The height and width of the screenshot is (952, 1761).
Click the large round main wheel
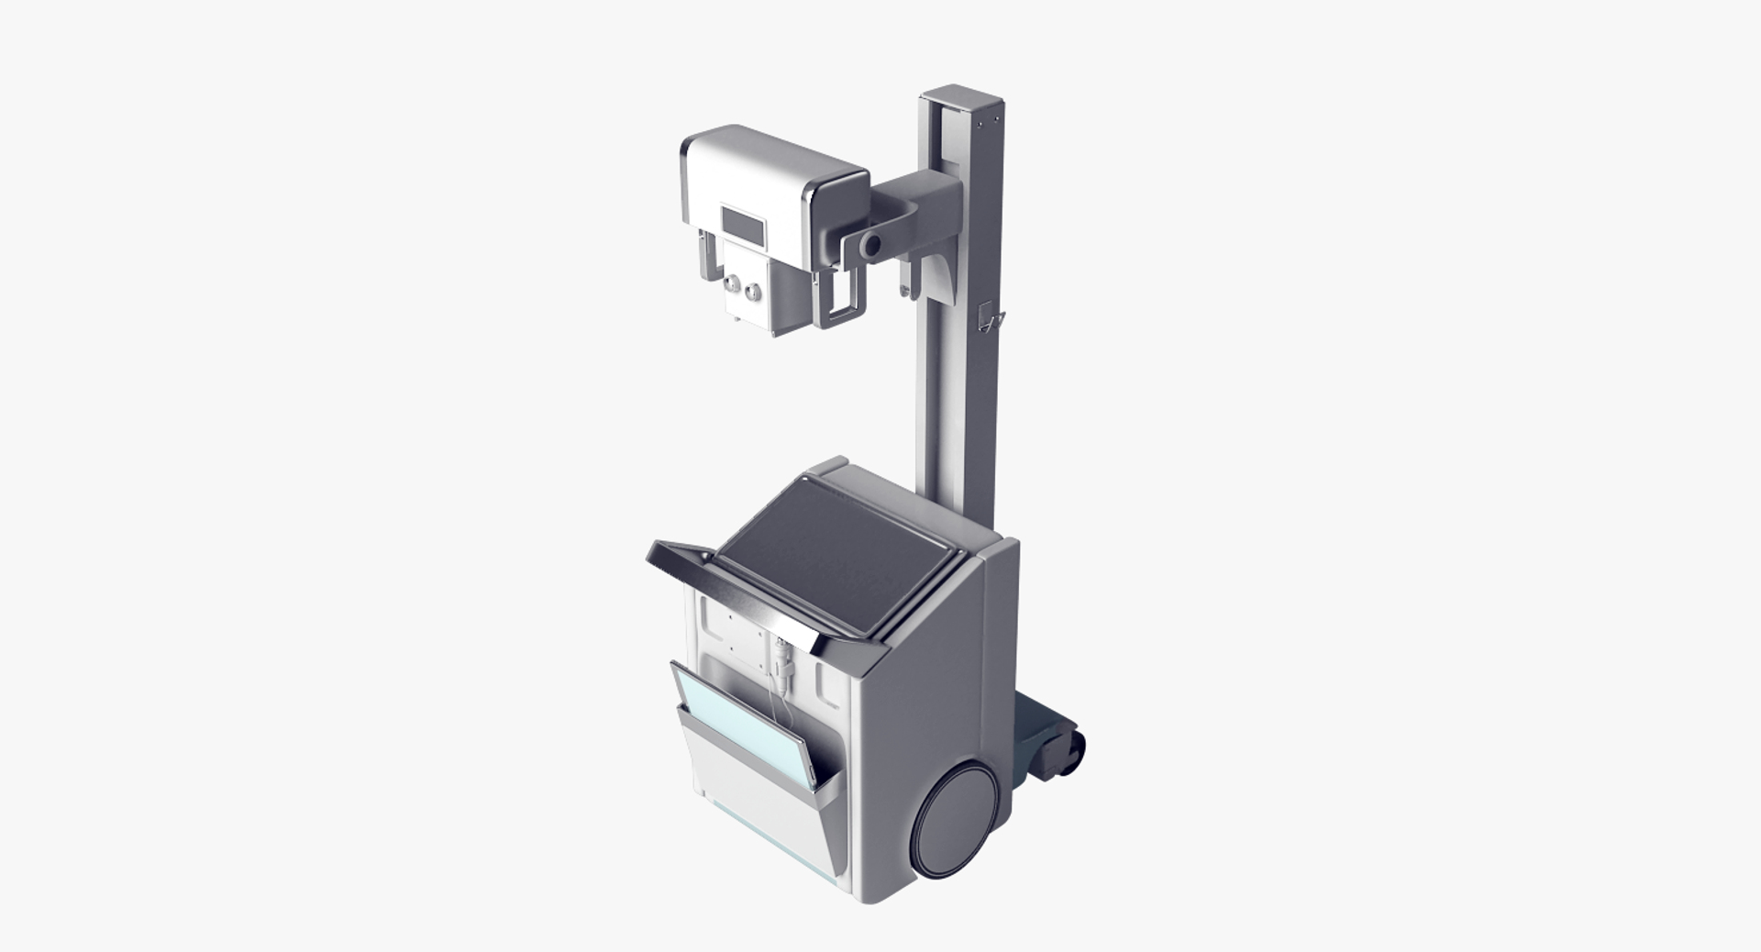point(957,821)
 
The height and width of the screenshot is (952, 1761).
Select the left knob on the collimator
point(732,284)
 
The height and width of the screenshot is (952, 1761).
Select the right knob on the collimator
point(753,293)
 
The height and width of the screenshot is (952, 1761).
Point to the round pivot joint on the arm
point(871,245)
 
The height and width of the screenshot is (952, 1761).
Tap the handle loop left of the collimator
point(707,256)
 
